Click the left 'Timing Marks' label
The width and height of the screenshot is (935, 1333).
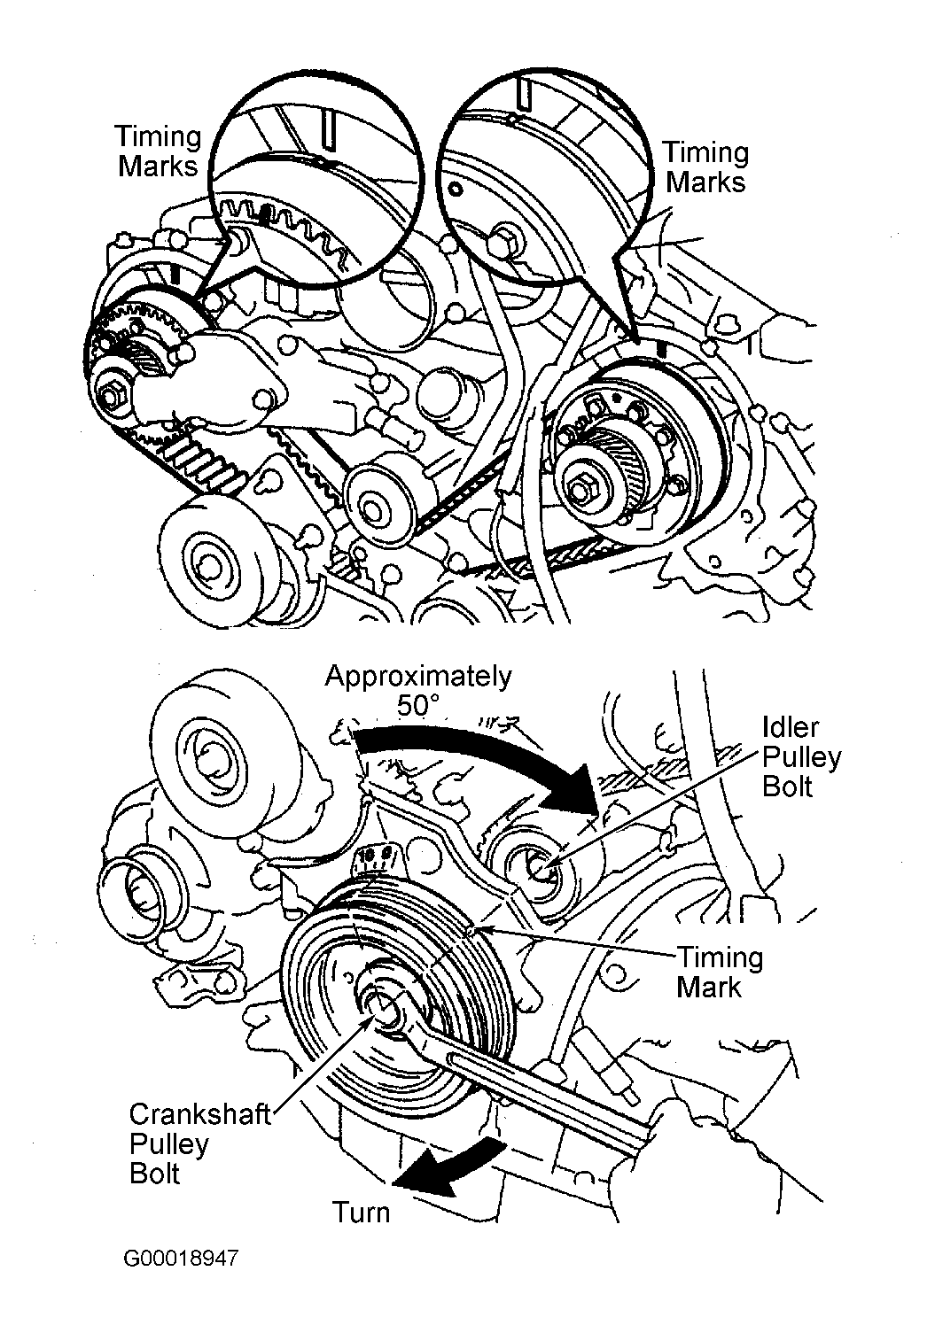click(x=158, y=151)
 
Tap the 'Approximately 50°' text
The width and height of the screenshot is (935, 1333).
click(x=417, y=691)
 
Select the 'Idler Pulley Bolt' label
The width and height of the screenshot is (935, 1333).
click(x=801, y=756)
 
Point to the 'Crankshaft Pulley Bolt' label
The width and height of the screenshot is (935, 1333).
click(x=199, y=1143)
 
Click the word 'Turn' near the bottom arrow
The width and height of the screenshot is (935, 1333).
click(x=361, y=1211)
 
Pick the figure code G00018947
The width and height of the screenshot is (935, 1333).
click(x=181, y=1258)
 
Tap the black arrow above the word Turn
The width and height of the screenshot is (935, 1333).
click(x=448, y=1166)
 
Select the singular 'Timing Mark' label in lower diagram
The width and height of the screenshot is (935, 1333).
click(x=719, y=972)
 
